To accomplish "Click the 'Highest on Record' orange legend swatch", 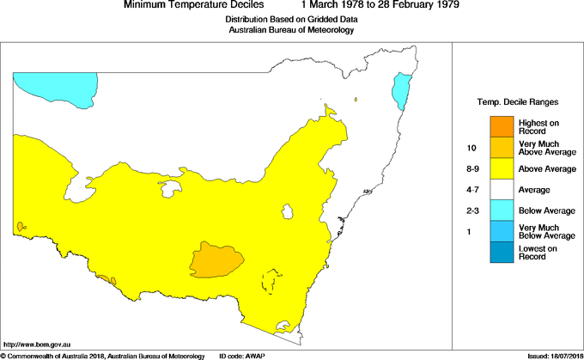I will click(x=501, y=126).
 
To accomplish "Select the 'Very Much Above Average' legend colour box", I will click(x=501, y=148).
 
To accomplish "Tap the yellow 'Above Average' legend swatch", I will click(x=501, y=168).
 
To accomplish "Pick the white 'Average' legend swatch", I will click(x=501, y=189).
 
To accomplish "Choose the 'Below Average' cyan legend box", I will click(x=501, y=211).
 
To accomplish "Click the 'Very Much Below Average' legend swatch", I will click(x=501, y=231).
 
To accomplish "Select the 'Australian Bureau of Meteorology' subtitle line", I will click(x=291, y=30).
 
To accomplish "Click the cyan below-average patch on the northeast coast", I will click(x=399, y=90).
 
